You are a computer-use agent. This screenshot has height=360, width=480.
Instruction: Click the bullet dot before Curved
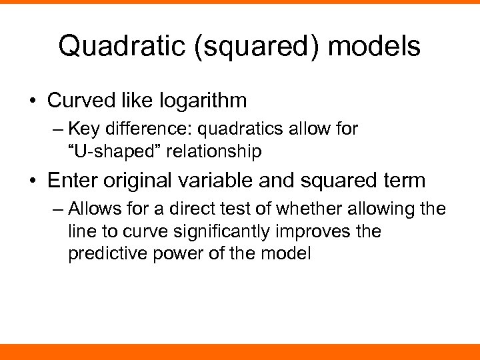[x=31, y=101]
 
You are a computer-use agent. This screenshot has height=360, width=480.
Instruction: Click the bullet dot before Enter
[x=31, y=180]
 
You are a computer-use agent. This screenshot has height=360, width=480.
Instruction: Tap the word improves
[x=323, y=231]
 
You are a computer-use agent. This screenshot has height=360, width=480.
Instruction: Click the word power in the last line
[x=177, y=253]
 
